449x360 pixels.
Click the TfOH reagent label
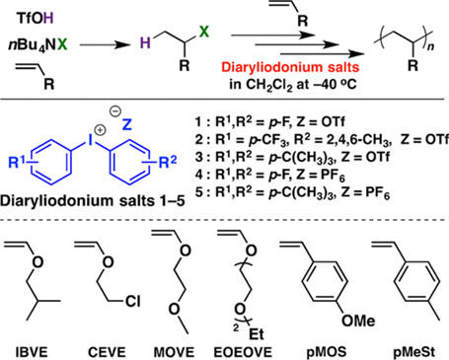[x=35, y=19]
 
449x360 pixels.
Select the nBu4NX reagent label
[x=37, y=45]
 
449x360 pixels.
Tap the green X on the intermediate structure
[x=204, y=32]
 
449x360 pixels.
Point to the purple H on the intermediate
[x=145, y=43]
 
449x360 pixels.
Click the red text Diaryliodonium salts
[x=290, y=67]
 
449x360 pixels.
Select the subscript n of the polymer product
[x=430, y=46]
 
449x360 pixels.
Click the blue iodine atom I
[x=89, y=141]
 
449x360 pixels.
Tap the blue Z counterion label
[x=126, y=124]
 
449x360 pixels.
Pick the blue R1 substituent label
[x=18, y=162]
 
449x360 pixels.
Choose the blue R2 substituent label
[x=168, y=162]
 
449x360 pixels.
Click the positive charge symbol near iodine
[x=100, y=130]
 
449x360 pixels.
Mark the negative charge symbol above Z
[x=115, y=112]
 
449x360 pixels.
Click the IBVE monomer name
[x=32, y=352]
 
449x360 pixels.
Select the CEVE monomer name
[x=107, y=352]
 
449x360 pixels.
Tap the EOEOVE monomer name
[x=243, y=352]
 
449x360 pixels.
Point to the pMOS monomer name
[x=327, y=352]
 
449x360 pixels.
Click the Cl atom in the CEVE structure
[x=132, y=301]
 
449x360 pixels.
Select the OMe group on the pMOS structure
[x=358, y=321]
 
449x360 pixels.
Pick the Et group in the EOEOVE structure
[x=257, y=334]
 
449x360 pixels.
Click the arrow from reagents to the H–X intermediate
[x=106, y=45]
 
